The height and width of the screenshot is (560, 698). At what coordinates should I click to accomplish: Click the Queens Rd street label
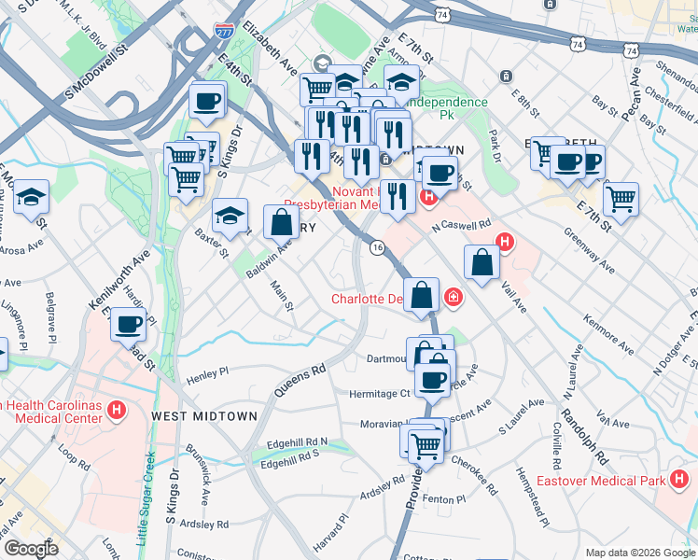tap(300, 380)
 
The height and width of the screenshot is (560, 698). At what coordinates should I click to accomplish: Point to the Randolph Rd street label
tap(584, 438)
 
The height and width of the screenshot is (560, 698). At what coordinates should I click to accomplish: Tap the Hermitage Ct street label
tap(378, 394)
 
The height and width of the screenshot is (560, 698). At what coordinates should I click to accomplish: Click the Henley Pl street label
tap(207, 375)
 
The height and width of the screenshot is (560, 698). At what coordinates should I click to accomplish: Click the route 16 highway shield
tap(377, 247)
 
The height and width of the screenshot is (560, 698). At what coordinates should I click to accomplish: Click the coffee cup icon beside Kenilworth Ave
tap(129, 326)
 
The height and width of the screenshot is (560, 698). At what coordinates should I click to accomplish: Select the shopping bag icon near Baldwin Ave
tap(281, 222)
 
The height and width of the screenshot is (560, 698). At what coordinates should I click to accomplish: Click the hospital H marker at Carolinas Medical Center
tap(117, 409)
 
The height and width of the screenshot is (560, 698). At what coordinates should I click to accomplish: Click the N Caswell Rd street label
tap(461, 225)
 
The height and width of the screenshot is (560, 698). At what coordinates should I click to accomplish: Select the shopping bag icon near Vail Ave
tap(481, 263)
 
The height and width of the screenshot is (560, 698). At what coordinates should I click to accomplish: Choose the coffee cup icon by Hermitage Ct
tap(431, 380)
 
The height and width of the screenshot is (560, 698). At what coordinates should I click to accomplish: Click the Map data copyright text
tap(640, 553)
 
